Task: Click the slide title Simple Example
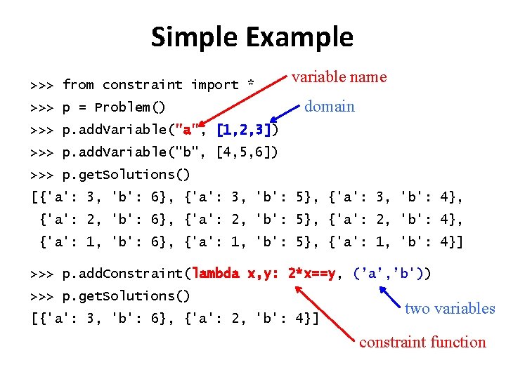click(x=252, y=36)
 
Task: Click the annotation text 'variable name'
click(x=339, y=77)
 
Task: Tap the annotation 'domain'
click(x=329, y=107)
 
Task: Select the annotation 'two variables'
click(x=450, y=308)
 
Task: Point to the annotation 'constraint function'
click(x=422, y=343)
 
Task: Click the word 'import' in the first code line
click(x=214, y=85)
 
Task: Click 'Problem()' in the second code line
click(x=130, y=107)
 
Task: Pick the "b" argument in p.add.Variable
click(x=188, y=152)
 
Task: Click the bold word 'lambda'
click(x=216, y=273)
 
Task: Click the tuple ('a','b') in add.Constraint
click(x=392, y=273)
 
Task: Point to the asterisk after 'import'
click(x=250, y=85)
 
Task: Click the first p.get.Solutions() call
click(x=126, y=174)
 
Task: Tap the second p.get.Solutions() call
click(x=126, y=295)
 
